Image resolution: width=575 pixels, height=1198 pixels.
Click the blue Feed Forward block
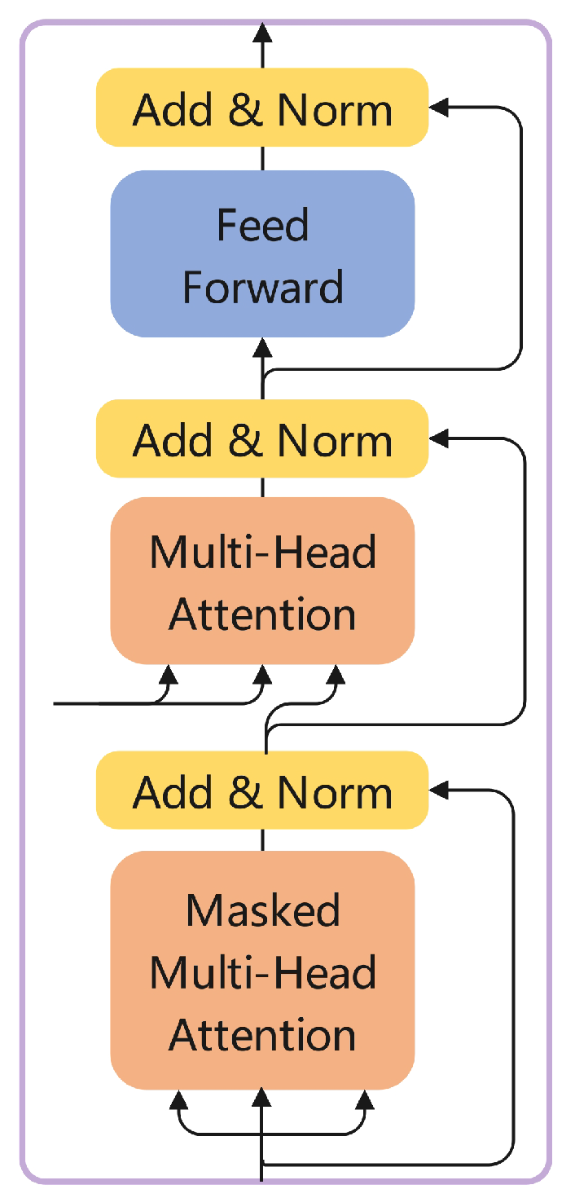[262, 253]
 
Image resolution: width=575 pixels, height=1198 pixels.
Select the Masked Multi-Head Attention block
[262, 970]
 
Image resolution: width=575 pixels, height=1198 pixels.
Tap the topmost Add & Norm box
[262, 108]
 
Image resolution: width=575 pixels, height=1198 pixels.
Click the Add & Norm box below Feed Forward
[262, 439]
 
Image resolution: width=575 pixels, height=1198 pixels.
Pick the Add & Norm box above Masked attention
[262, 791]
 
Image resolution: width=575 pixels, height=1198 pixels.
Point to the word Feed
[262, 224]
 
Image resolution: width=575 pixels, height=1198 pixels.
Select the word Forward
[262, 287]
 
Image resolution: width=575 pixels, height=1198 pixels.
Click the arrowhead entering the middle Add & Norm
[438, 438]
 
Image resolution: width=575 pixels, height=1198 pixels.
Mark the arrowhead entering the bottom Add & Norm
[438, 789]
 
